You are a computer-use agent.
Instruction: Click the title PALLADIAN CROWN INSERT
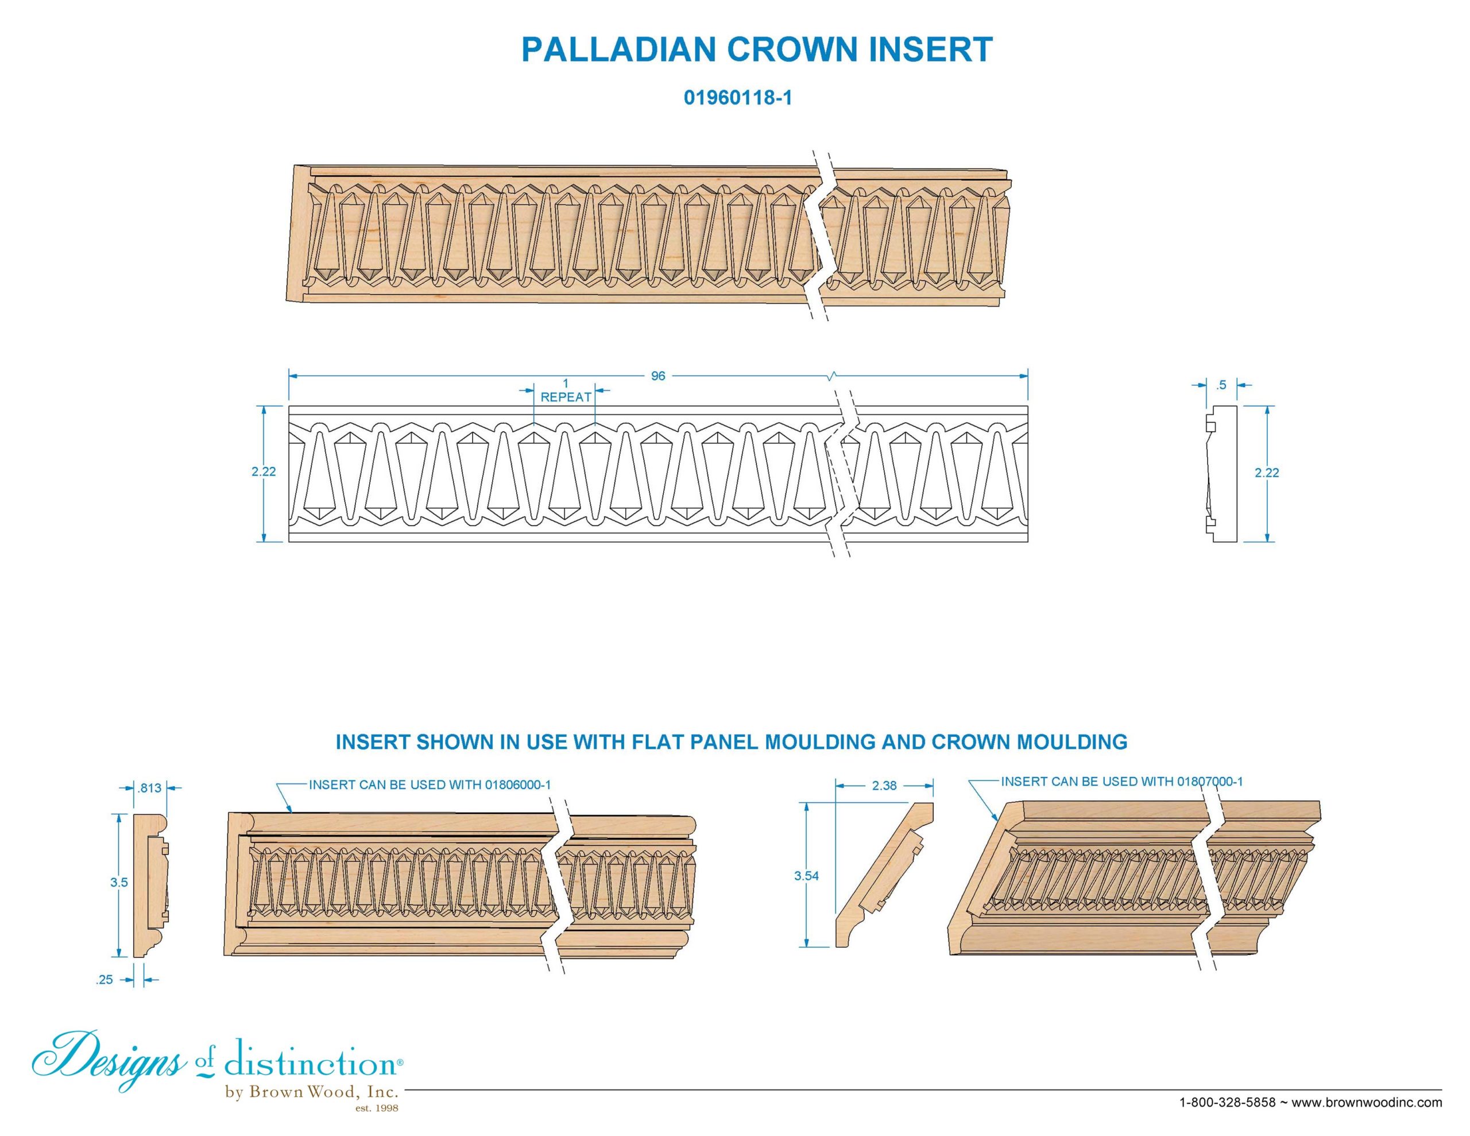pyautogui.click(x=757, y=50)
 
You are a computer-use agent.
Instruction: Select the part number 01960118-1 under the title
pyautogui.click(x=738, y=98)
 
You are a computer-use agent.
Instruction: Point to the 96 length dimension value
pyautogui.click(x=657, y=376)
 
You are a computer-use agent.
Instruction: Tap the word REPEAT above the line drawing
pyautogui.click(x=566, y=397)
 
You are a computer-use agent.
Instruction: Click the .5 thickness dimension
pyautogui.click(x=1221, y=385)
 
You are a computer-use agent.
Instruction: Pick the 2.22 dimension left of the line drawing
pyautogui.click(x=264, y=472)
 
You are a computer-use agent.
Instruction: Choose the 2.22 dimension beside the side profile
pyautogui.click(x=1267, y=473)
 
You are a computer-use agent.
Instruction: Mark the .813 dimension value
pyautogui.click(x=149, y=788)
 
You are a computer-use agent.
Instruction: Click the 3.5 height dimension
pyautogui.click(x=119, y=882)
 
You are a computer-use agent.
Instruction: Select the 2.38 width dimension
pyautogui.click(x=884, y=785)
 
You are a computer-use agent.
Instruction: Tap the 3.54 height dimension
pyautogui.click(x=807, y=876)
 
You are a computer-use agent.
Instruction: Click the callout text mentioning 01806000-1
pyautogui.click(x=430, y=785)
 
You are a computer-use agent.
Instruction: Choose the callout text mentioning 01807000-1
pyautogui.click(x=1121, y=782)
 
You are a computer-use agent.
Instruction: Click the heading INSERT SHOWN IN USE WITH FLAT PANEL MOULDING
pyautogui.click(x=731, y=742)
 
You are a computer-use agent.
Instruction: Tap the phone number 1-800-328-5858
pyautogui.click(x=1228, y=1102)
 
